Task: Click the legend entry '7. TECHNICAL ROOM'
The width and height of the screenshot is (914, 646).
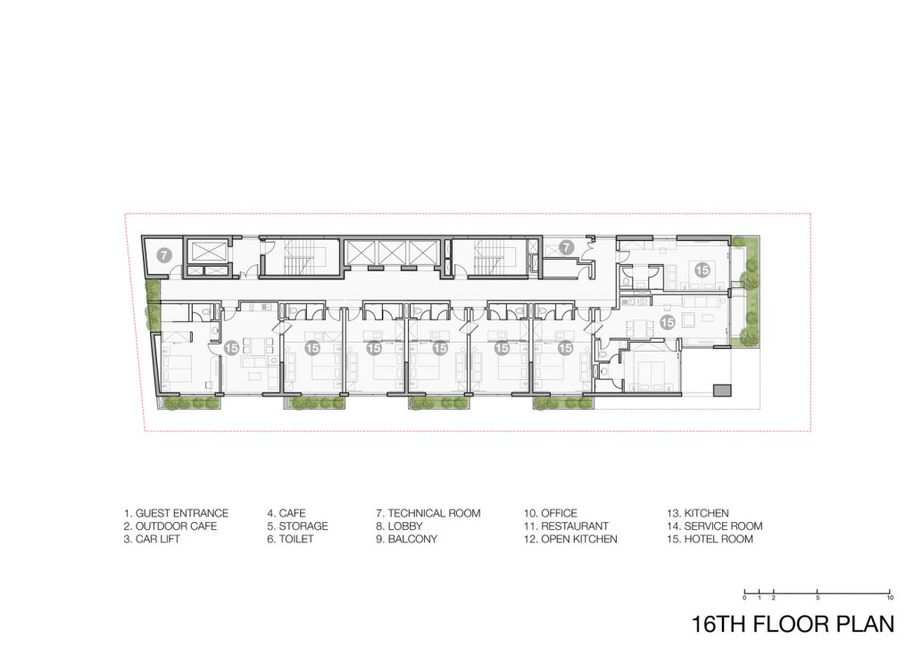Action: click(428, 513)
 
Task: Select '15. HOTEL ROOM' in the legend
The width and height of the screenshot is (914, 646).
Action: click(710, 539)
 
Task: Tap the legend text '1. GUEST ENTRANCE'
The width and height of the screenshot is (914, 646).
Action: click(176, 513)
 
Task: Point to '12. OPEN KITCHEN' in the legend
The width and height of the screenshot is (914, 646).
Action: click(570, 539)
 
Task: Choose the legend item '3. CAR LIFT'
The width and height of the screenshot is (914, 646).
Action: click(152, 539)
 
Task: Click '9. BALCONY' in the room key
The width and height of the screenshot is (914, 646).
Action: click(406, 539)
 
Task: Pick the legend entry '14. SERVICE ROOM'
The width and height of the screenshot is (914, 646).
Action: click(715, 526)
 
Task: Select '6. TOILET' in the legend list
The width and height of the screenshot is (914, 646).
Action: click(290, 539)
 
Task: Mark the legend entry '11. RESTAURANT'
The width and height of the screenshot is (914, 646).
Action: click(565, 526)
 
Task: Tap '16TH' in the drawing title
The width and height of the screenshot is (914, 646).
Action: click(719, 624)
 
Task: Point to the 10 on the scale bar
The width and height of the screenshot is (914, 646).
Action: click(890, 598)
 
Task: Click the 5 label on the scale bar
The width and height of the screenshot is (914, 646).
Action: click(818, 598)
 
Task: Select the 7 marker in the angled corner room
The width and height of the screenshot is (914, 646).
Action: click(164, 255)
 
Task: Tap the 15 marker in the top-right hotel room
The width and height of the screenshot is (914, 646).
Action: click(702, 270)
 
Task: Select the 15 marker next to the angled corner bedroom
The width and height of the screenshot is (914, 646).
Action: click(231, 348)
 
